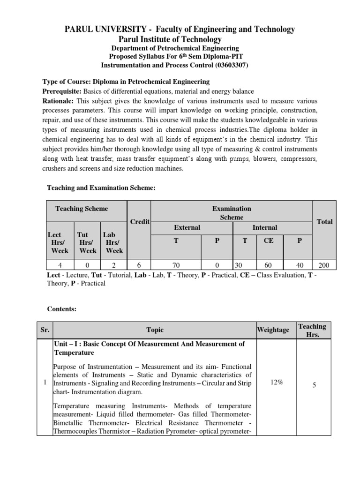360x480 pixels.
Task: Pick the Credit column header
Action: click(140, 221)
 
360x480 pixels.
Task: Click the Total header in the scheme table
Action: click(324, 221)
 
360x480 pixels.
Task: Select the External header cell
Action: click(187, 227)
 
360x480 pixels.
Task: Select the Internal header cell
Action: click(265, 227)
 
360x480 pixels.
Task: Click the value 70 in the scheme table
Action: click(176, 265)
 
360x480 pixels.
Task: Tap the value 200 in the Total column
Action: click(324, 265)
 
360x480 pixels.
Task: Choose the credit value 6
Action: click(140, 265)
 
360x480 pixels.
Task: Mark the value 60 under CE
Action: click(269, 265)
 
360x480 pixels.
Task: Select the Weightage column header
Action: click(273, 330)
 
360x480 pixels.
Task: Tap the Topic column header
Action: click(155, 330)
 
